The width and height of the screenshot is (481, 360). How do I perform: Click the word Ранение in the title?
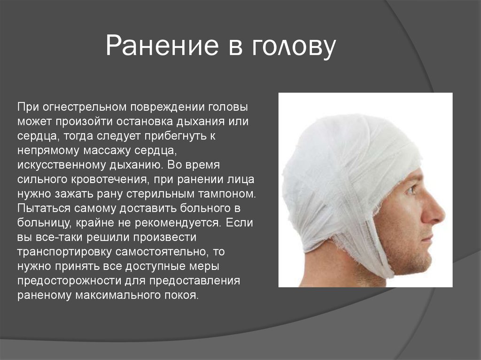tap(162, 46)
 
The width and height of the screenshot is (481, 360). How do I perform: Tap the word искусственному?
tap(62, 165)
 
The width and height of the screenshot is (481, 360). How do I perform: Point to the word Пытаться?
tap(44, 208)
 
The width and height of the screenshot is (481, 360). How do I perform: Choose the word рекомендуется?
tap(178, 223)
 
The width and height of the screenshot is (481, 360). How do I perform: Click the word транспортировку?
tap(64, 252)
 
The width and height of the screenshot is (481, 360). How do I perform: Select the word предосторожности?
tap(70, 281)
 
